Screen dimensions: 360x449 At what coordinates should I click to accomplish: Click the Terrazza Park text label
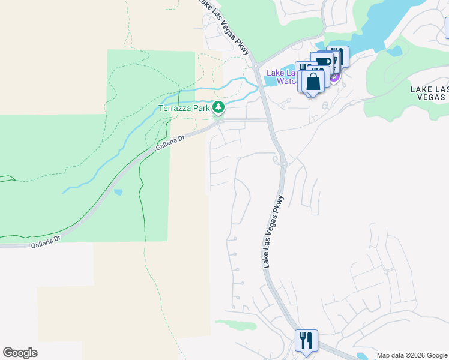pyautogui.click(x=184, y=109)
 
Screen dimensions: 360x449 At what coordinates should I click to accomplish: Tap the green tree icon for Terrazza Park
pyautogui.click(x=219, y=108)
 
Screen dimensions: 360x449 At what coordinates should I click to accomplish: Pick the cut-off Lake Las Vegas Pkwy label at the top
pyautogui.click(x=223, y=23)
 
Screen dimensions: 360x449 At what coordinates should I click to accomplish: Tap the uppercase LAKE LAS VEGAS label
pyautogui.click(x=429, y=94)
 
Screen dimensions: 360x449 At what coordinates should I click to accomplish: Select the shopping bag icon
pyautogui.click(x=313, y=82)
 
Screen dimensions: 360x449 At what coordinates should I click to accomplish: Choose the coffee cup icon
pyautogui.click(x=322, y=62)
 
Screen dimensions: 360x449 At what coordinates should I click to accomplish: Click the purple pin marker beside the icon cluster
pyautogui.click(x=335, y=76)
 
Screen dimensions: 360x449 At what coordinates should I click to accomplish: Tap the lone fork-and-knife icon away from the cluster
pyautogui.click(x=306, y=340)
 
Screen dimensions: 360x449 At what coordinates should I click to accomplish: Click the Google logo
pyautogui.click(x=20, y=353)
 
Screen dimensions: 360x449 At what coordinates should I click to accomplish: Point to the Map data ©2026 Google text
pyautogui.click(x=412, y=355)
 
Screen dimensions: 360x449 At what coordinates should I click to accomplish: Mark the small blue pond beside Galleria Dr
pyautogui.click(x=118, y=193)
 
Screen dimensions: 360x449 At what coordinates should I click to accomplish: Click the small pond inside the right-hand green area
pyautogui.click(x=394, y=51)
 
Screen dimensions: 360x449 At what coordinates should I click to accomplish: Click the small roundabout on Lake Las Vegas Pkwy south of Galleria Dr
pyautogui.click(x=277, y=160)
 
